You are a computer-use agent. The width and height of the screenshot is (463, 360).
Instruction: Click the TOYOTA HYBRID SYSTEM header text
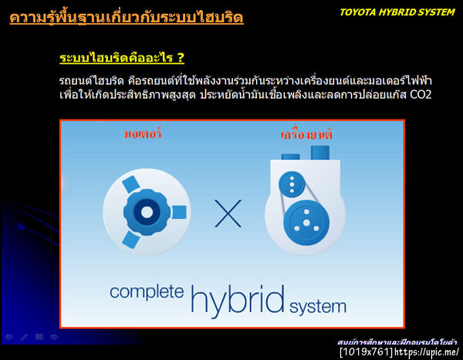pos(397,12)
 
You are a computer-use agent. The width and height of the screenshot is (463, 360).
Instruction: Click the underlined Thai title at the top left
pos(127,16)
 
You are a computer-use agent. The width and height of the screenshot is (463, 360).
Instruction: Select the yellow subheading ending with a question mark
pos(122,59)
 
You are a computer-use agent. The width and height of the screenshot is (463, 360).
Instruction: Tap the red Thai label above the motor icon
pos(144,134)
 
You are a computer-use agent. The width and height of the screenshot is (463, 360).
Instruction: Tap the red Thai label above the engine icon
pos(306,135)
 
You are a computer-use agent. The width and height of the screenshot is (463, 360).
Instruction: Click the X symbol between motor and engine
pos(228,214)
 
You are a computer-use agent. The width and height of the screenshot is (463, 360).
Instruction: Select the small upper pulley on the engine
pos(292,184)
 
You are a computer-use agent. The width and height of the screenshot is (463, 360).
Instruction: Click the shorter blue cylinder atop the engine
pos(291,157)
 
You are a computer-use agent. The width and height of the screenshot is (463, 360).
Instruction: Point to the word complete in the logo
pos(147,292)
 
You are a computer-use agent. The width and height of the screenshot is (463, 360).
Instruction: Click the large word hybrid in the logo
pos(237,297)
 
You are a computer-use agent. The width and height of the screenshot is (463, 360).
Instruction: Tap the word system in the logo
pos(318,306)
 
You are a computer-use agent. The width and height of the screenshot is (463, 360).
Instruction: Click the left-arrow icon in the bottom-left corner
pos(8,337)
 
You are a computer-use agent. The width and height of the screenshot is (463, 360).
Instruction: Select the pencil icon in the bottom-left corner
pos(24,337)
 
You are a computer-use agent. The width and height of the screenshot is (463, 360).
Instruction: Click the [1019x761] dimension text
pos(367,352)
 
